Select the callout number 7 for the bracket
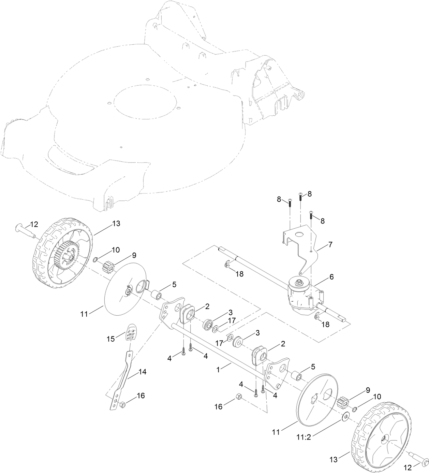[x=330, y=245]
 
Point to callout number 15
[x=111, y=339]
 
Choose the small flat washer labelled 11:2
[x=346, y=417]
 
